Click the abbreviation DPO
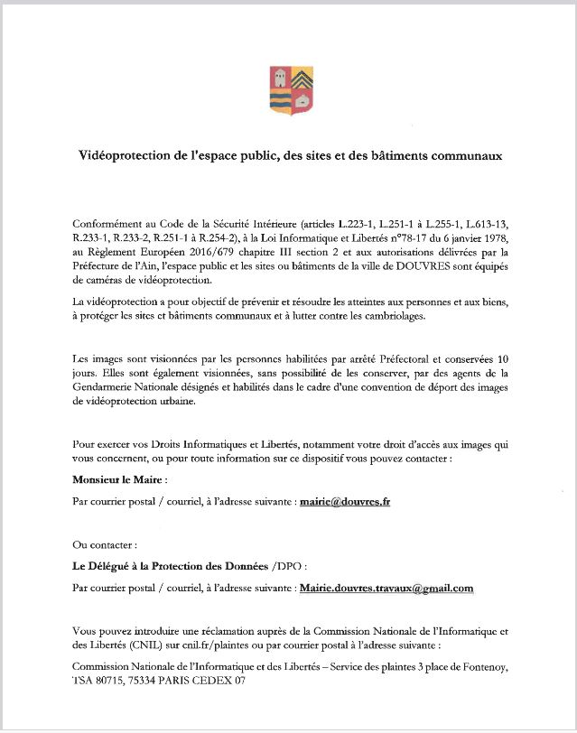point(286,566)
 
